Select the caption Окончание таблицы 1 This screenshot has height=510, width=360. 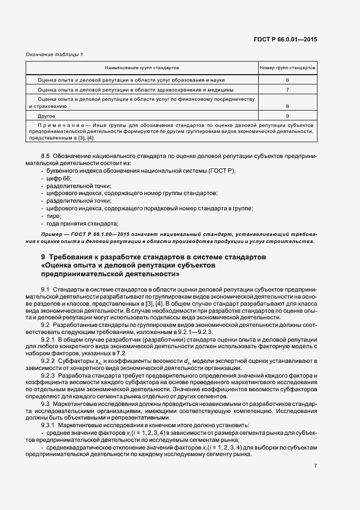tap(54, 54)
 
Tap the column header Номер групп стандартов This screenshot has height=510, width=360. tap(287, 69)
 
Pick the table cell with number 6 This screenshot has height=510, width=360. tap(287, 80)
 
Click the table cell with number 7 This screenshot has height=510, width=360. tap(287, 89)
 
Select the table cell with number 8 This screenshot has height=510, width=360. tap(287, 107)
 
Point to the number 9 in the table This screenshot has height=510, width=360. tap(287, 116)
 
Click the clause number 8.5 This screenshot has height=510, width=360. tap(46, 156)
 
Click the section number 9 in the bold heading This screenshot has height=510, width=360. tap(44, 257)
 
